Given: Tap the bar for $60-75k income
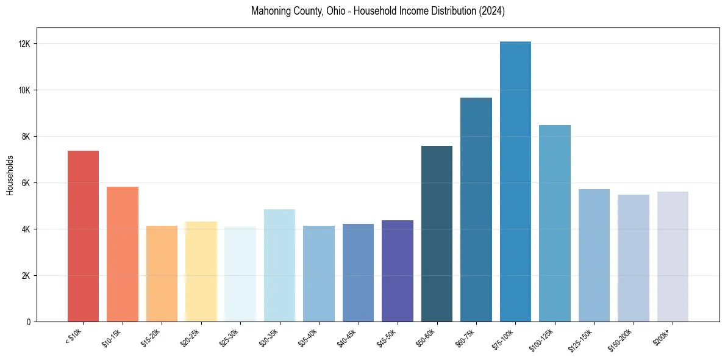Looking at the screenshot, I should tap(476, 210).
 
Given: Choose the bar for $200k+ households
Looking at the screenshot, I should tap(673, 257).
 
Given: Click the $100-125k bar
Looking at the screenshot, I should tap(555, 223).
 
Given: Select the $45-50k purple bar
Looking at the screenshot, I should tap(398, 271).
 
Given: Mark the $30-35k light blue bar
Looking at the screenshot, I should tap(279, 265).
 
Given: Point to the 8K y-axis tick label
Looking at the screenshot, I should tap(26, 137).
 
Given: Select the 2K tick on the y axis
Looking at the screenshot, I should tap(26, 276).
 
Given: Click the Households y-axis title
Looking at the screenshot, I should tap(10, 175).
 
